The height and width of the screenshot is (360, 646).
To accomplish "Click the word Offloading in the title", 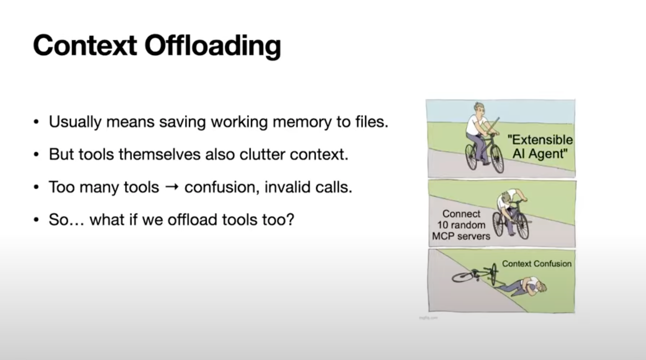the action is click(213, 46).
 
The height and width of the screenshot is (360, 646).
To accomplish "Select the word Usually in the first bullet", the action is click(75, 122).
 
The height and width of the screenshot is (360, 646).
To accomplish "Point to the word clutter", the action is click(262, 154).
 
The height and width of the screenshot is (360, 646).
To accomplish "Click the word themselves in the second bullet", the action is click(159, 154).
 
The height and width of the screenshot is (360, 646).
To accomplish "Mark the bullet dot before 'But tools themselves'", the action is click(36, 155).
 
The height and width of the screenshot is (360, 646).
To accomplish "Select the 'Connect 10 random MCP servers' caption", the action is click(461, 225).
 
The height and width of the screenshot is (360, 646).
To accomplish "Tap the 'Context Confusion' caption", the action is click(537, 264).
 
